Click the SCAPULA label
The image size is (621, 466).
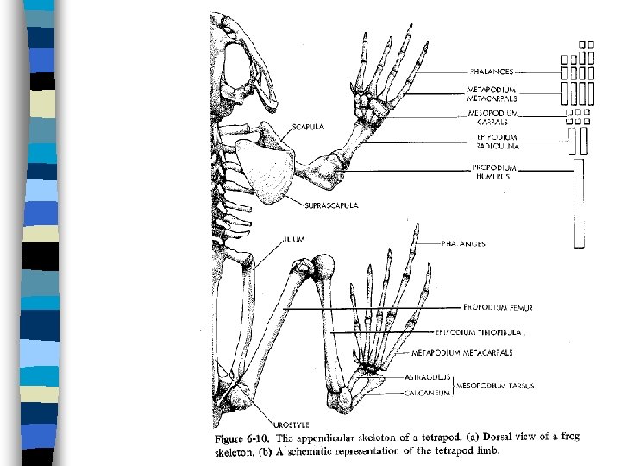(x=307, y=126)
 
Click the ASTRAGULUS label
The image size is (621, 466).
(x=426, y=377)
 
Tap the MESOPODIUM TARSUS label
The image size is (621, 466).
(x=494, y=385)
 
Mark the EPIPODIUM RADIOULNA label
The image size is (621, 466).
(x=493, y=141)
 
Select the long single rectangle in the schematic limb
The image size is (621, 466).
(x=579, y=202)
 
